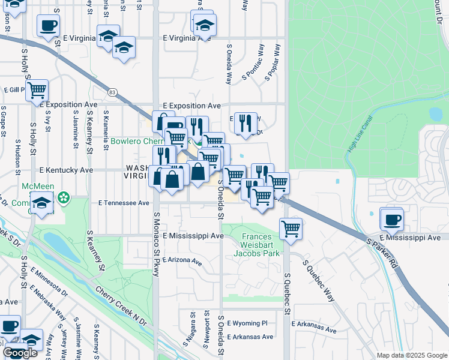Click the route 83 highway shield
(112, 92)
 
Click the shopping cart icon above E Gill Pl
(37, 91)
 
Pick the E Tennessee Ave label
(124, 203)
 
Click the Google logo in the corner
(20, 353)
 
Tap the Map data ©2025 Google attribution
(412, 355)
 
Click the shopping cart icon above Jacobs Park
(291, 228)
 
